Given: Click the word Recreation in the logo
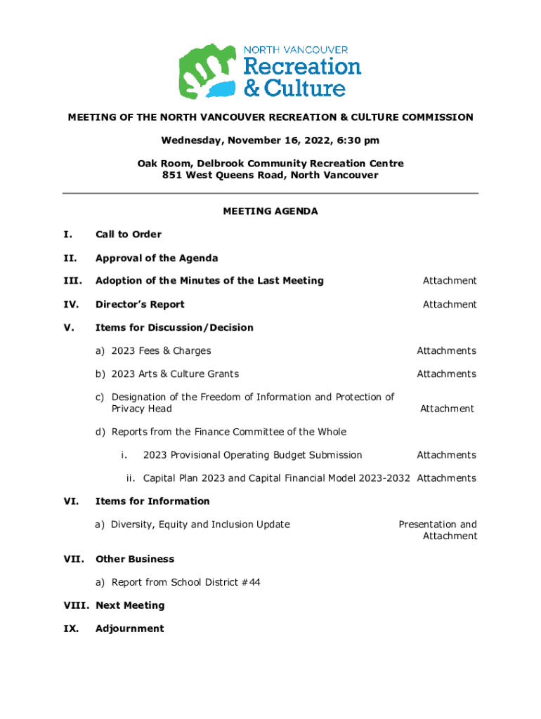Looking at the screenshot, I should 302,67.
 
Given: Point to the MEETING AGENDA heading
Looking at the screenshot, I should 270,211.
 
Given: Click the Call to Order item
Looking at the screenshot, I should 129,235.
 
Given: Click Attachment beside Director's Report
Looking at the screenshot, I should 449,304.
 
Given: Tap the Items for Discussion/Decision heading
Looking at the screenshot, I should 174,327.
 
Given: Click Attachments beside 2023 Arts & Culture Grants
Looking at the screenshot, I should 446,374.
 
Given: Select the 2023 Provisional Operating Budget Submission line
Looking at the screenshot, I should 252,455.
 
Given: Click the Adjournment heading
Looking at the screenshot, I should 129,628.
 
